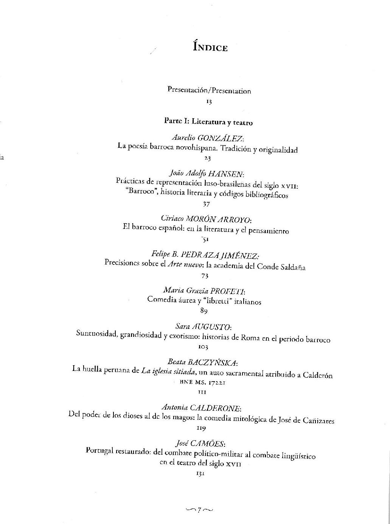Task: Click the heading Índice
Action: tap(210, 47)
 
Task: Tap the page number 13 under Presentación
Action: tap(208, 102)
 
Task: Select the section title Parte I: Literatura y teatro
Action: tap(208, 122)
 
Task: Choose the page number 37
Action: tap(206, 204)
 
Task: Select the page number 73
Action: tap(205, 275)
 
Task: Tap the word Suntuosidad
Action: tap(96, 334)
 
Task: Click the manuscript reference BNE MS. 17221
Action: tap(202, 383)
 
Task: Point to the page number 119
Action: tap(201, 428)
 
